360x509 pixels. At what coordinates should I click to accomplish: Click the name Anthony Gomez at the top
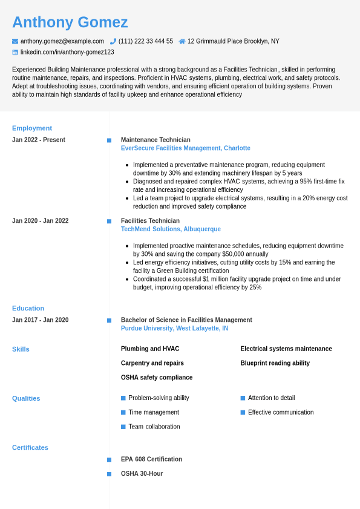pos(70,22)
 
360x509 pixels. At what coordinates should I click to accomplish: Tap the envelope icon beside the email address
pos(15,41)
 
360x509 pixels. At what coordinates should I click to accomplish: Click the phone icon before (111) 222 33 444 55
pos(113,41)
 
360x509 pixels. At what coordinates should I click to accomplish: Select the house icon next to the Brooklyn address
pos(182,41)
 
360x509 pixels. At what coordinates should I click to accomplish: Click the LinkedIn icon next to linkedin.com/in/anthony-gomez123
pos(15,52)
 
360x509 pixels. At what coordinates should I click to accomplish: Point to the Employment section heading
pos(32,128)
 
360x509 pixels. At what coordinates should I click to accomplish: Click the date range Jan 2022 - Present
pos(39,140)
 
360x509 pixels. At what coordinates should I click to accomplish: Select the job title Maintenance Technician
pos(155,140)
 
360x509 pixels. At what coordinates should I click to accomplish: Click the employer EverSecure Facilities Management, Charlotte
pos(185,148)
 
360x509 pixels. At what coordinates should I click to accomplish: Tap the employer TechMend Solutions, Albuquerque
pos(171,229)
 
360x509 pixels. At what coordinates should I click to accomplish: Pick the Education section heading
pos(28,308)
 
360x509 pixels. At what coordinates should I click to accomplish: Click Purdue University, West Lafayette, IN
pos(174,329)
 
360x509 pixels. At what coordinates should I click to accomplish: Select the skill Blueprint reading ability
pos(275,363)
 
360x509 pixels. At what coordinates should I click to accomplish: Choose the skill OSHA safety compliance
pos(157,378)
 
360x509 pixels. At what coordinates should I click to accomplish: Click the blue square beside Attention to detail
pos(243,398)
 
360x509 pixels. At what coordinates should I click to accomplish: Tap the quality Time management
pos(154,412)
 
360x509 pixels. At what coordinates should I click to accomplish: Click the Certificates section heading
pos(30,447)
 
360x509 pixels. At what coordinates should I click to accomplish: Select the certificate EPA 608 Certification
pos(151,459)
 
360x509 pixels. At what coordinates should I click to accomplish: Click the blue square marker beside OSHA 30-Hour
pos(109,474)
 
